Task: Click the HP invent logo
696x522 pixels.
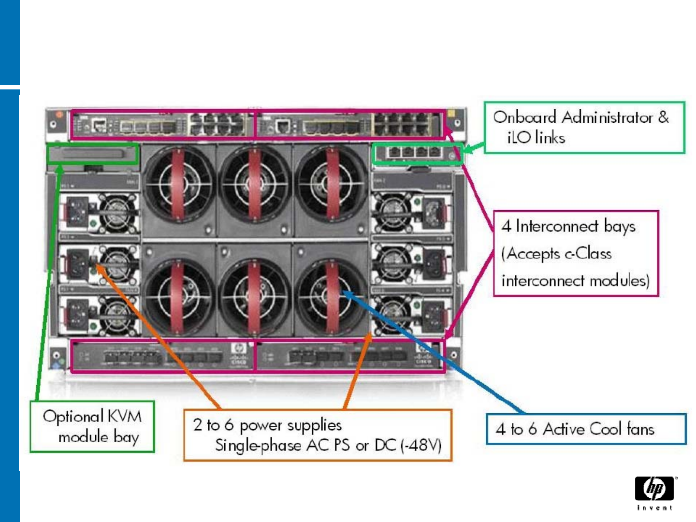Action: [655, 492]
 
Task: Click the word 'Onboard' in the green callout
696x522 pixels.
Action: [525, 117]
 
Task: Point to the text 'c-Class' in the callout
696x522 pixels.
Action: [587, 253]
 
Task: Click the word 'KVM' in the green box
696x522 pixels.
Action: [124, 416]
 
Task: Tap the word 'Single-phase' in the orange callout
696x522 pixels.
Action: [258, 445]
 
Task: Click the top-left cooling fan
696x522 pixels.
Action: [178, 184]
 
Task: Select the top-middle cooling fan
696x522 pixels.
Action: [254, 184]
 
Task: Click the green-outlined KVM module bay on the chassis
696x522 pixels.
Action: [92, 154]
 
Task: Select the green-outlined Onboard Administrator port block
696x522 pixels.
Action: [417, 153]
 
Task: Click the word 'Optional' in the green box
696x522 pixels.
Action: [73, 416]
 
